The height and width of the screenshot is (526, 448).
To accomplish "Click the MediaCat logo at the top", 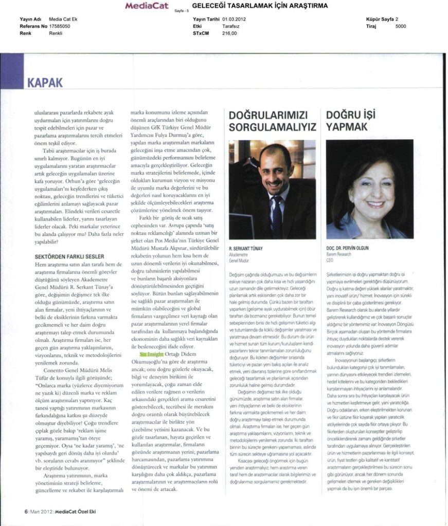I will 148,6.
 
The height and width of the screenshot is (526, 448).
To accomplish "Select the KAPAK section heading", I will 45,82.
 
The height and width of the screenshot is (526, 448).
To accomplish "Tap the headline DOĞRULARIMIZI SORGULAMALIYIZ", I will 272,121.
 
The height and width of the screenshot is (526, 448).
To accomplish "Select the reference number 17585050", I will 60,25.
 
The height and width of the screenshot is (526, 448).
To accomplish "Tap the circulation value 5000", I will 401,25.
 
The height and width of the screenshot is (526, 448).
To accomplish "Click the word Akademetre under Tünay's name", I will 239,254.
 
